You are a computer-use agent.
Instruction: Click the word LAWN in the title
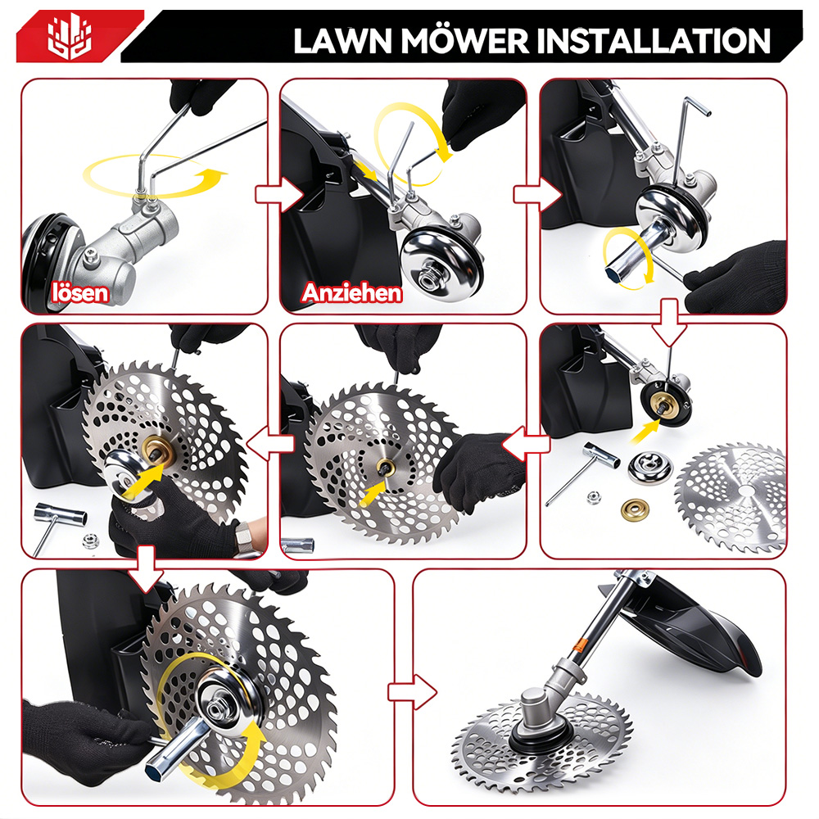coord(342,41)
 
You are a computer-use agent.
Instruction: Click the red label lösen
coord(80,292)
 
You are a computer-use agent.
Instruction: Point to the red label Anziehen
coord(351,292)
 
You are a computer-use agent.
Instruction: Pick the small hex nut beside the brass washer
coord(593,497)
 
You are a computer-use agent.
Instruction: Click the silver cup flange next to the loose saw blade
coord(649,468)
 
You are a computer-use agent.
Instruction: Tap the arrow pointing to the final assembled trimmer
coord(412,692)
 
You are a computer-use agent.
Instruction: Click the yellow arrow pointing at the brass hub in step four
coord(645,432)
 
